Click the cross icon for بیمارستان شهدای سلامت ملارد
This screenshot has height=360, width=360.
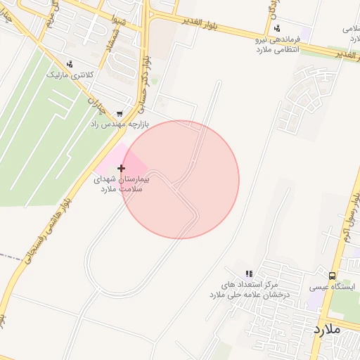click(x=122, y=168)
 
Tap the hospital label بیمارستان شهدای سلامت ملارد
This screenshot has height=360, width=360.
click(x=122, y=184)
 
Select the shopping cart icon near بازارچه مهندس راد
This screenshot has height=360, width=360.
click(x=120, y=112)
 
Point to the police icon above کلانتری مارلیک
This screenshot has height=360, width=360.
click(x=70, y=64)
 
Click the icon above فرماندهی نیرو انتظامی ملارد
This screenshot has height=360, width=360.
click(x=277, y=29)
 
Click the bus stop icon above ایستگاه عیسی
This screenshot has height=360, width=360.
click(x=333, y=276)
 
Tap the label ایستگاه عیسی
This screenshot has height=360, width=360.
click(x=333, y=287)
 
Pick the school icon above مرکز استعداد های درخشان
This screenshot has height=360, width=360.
click(x=248, y=274)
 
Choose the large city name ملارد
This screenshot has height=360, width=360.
click(x=327, y=328)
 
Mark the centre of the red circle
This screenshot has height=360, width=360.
click(x=180, y=180)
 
